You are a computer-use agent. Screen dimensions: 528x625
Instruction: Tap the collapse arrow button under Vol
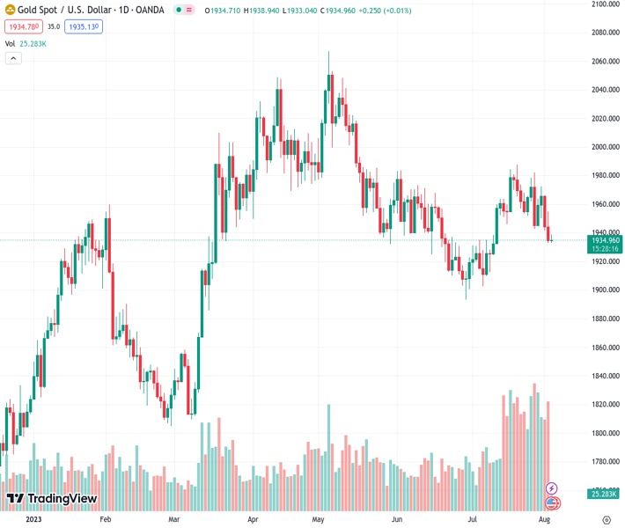pyautogui.click(x=13, y=58)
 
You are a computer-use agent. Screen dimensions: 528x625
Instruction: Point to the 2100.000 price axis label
pyautogui.click(x=606, y=4)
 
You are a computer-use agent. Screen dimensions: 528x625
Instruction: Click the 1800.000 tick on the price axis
pyautogui.click(x=606, y=433)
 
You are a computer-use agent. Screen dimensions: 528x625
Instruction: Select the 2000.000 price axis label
pyautogui.click(x=606, y=147)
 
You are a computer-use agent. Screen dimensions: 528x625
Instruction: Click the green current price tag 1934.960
pyautogui.click(x=607, y=239)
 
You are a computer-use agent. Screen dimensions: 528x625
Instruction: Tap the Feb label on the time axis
pyautogui.click(x=106, y=519)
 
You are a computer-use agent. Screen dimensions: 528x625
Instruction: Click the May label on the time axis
pyautogui.click(x=319, y=519)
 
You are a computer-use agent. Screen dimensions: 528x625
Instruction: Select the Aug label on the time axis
pyautogui.click(x=543, y=519)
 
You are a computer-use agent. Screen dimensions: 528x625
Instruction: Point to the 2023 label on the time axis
pyautogui.click(x=33, y=519)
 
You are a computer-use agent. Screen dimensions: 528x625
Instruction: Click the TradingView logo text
pyautogui.click(x=62, y=499)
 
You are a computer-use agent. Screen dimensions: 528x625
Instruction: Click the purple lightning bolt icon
pyautogui.click(x=552, y=488)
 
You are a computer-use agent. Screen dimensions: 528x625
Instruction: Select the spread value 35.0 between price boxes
pyautogui.click(x=54, y=27)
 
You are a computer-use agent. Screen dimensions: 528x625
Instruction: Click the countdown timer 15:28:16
pyautogui.click(x=607, y=249)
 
